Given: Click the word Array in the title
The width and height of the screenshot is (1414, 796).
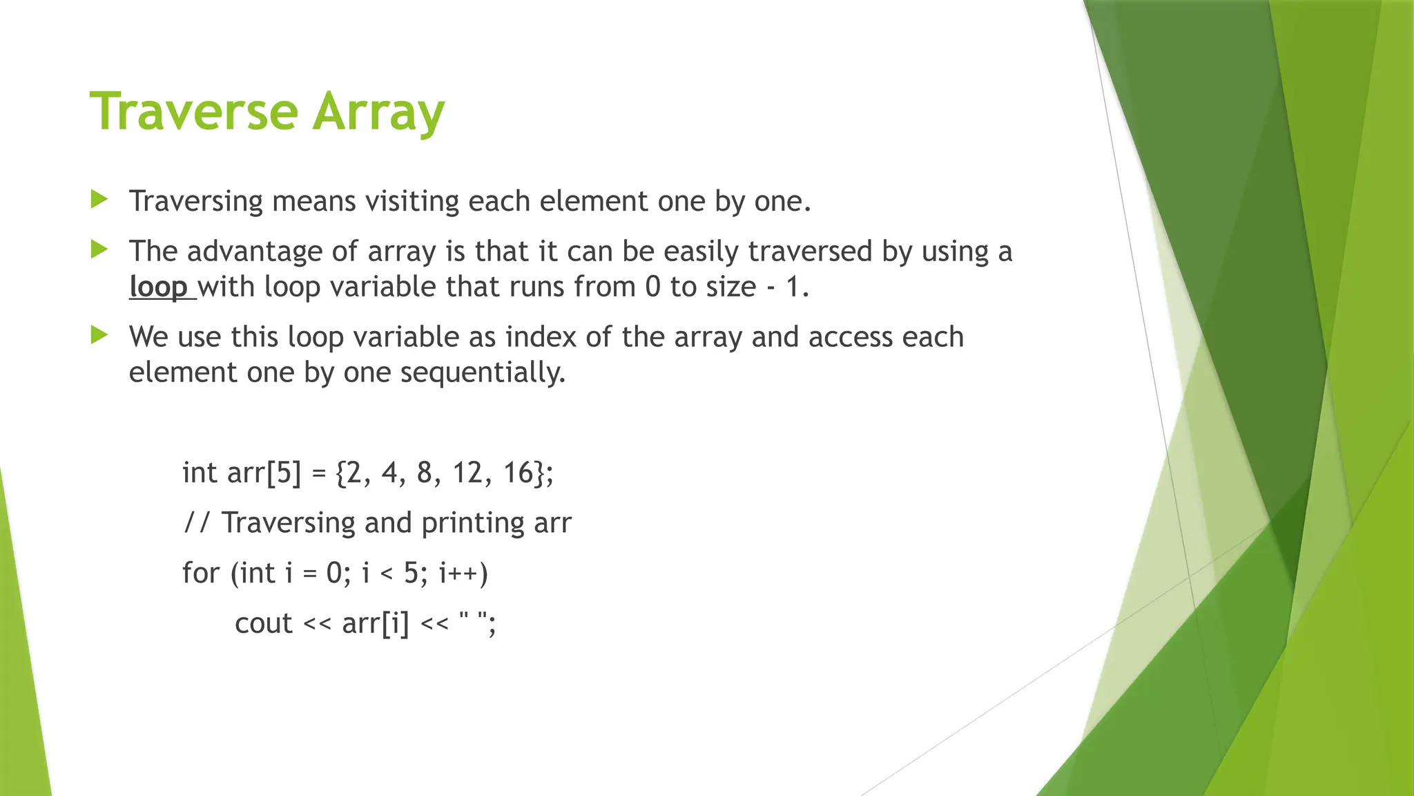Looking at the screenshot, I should coord(378,113).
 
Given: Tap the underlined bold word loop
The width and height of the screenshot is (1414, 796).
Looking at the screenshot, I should coord(158,287).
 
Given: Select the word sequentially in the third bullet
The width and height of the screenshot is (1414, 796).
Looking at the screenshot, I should coord(483,372).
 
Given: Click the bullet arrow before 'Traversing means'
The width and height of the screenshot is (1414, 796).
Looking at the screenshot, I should coord(99,200).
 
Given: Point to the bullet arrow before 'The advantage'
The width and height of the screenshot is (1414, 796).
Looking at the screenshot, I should coord(99,250).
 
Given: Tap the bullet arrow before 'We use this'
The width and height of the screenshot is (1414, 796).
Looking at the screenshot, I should coord(99,336).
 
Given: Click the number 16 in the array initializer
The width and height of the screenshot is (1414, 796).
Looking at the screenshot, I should coord(519,473).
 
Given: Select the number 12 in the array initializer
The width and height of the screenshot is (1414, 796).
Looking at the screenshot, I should coord(467,473).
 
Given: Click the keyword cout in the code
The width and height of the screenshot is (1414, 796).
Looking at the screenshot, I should coord(263,623).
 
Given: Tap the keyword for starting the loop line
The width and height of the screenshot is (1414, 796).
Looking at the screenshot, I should coord(200,573).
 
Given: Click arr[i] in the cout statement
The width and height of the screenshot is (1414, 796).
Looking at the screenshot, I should coord(375,623).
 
